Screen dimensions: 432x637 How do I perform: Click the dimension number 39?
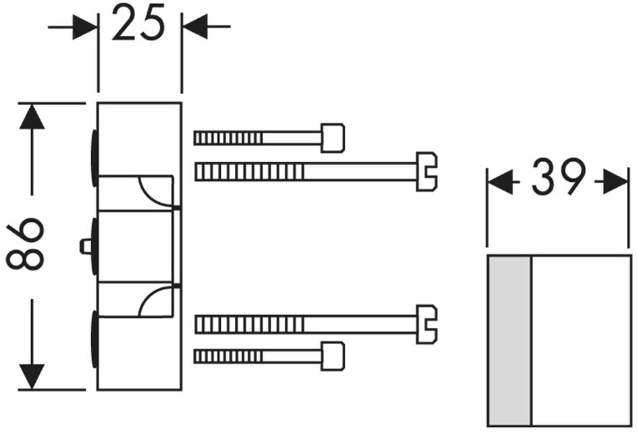(x=558, y=178)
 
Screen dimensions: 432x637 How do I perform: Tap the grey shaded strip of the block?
(x=509, y=341)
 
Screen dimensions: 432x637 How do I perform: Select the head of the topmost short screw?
(x=333, y=138)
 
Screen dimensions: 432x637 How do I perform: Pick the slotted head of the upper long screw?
(x=426, y=172)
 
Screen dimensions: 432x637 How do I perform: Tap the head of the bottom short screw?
(x=333, y=356)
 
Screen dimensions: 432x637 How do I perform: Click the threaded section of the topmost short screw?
(x=228, y=139)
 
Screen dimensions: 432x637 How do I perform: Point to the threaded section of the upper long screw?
(x=249, y=172)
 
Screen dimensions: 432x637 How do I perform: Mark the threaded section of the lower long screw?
(x=249, y=325)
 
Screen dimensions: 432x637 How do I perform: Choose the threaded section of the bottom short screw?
(x=228, y=356)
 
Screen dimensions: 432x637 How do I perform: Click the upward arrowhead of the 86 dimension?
(x=32, y=116)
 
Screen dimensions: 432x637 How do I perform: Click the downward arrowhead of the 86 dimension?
(x=32, y=376)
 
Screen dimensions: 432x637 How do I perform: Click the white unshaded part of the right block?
(x=580, y=341)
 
